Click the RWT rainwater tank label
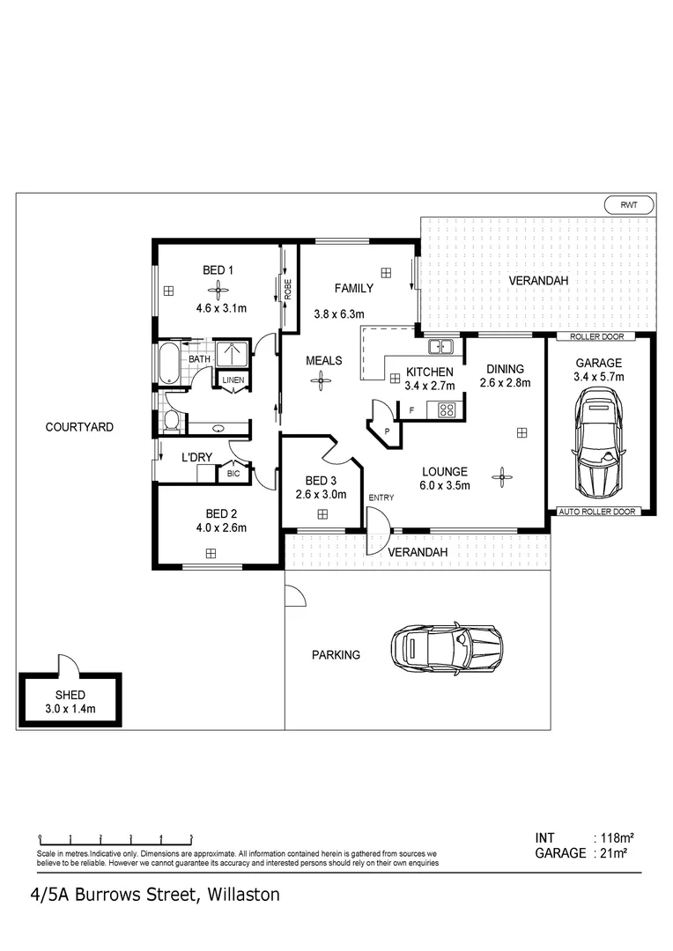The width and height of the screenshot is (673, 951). (x=629, y=204)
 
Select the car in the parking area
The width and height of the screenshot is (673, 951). (x=447, y=650)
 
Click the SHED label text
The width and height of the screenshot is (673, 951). (x=70, y=696)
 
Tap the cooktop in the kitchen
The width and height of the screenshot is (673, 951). (x=446, y=409)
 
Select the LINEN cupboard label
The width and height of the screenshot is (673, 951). (x=233, y=380)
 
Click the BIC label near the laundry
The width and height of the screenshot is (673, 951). (x=233, y=474)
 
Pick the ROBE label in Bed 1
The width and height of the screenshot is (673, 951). (x=287, y=291)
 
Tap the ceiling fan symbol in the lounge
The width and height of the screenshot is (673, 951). (x=502, y=477)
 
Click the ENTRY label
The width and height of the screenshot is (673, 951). (x=381, y=498)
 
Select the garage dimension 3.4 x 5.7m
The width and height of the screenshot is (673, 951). (x=599, y=377)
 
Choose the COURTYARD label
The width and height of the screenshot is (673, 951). (x=79, y=427)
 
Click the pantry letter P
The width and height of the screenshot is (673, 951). (x=386, y=431)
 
